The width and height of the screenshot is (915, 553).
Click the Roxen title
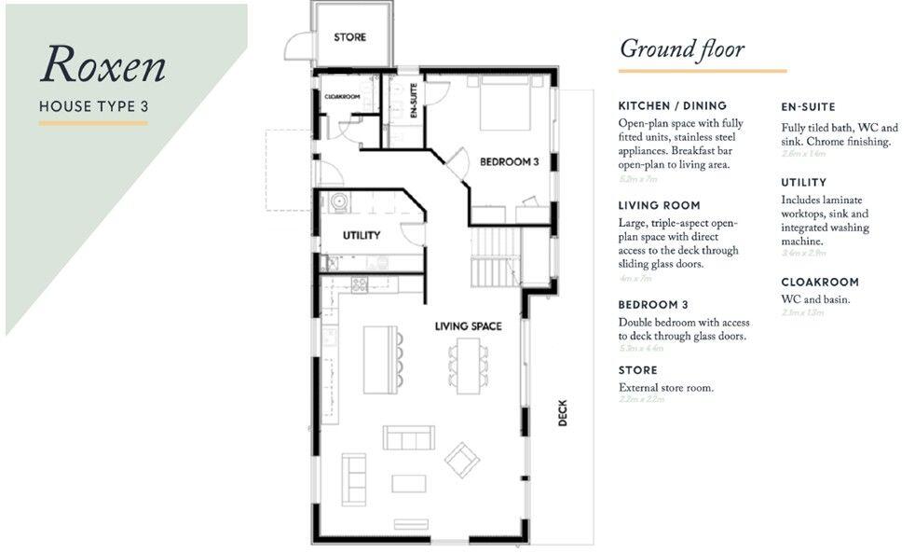102,65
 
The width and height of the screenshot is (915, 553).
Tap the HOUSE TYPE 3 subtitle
93,106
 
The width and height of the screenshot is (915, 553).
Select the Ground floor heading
682,48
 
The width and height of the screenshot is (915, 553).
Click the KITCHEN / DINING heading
672,105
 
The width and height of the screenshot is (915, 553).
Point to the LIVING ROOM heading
659,205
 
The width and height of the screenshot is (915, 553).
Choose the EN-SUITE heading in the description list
808,107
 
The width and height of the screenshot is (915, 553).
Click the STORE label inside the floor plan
350,38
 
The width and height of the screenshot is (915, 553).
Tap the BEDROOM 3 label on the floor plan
510,161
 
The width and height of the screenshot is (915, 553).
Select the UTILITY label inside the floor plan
361,235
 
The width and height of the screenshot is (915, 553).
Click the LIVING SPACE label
468,326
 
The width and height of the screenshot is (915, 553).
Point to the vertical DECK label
563,413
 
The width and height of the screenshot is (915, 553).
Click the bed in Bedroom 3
506,104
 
